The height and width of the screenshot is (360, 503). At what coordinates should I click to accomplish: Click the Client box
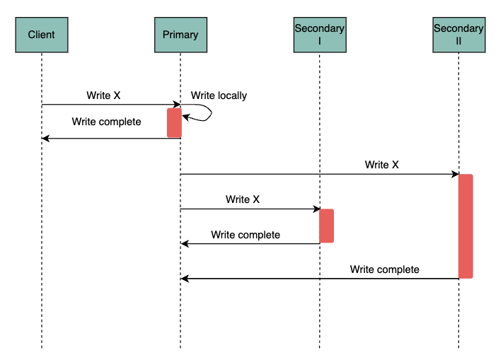coord(41,35)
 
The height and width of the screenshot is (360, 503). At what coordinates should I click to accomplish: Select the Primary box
coord(180,35)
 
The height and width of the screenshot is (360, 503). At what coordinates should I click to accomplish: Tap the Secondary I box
coord(319,35)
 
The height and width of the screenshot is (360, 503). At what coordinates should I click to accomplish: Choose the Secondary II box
coord(458,35)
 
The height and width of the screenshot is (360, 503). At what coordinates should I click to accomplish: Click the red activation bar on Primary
coord(174,122)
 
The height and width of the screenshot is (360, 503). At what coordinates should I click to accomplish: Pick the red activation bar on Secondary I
coord(326,226)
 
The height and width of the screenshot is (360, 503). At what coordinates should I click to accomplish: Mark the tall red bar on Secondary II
coord(466,226)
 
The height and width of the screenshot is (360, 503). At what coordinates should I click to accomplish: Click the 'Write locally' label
coord(219,95)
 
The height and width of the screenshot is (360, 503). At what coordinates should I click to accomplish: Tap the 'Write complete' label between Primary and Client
coord(106,122)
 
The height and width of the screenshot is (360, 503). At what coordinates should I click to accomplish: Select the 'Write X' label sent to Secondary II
coord(381,165)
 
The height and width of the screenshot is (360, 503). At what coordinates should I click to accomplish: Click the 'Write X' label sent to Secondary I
coord(243,199)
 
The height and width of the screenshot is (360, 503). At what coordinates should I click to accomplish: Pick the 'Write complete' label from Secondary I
coord(245,235)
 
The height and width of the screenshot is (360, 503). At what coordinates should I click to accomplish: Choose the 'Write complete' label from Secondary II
coord(384,269)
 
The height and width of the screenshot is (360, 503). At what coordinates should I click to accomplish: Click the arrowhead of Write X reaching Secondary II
coord(454,174)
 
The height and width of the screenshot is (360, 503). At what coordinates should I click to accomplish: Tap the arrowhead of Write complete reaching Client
coord(45,139)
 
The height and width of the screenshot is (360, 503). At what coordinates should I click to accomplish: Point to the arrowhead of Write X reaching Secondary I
coord(316,209)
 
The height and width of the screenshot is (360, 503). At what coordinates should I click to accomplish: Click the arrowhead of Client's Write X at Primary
coord(177,105)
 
